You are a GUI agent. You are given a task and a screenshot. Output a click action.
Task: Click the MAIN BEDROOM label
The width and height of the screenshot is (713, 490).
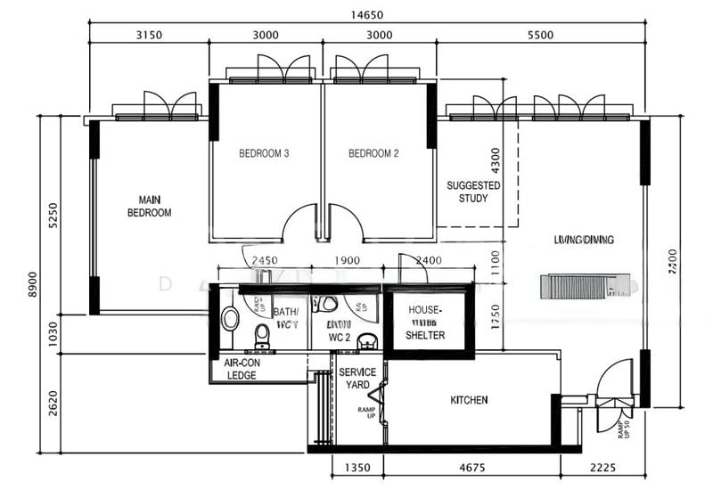point(149,206)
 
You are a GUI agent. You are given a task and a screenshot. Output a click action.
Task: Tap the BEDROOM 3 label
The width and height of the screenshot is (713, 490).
point(264,153)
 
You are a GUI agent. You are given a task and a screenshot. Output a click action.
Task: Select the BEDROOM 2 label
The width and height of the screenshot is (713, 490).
point(373,153)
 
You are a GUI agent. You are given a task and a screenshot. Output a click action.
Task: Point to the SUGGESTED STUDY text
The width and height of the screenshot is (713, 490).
point(473,192)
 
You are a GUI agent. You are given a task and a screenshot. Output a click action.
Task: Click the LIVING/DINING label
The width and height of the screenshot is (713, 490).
point(584,240)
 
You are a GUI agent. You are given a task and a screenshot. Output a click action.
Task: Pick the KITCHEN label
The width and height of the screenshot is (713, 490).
point(469,400)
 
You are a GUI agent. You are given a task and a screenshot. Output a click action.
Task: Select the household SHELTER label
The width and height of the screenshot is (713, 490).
point(425,323)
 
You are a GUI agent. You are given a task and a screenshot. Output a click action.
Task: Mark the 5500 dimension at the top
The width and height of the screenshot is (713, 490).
point(540,36)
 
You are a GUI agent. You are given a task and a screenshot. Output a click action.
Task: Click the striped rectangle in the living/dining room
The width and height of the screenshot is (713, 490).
point(578,287)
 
